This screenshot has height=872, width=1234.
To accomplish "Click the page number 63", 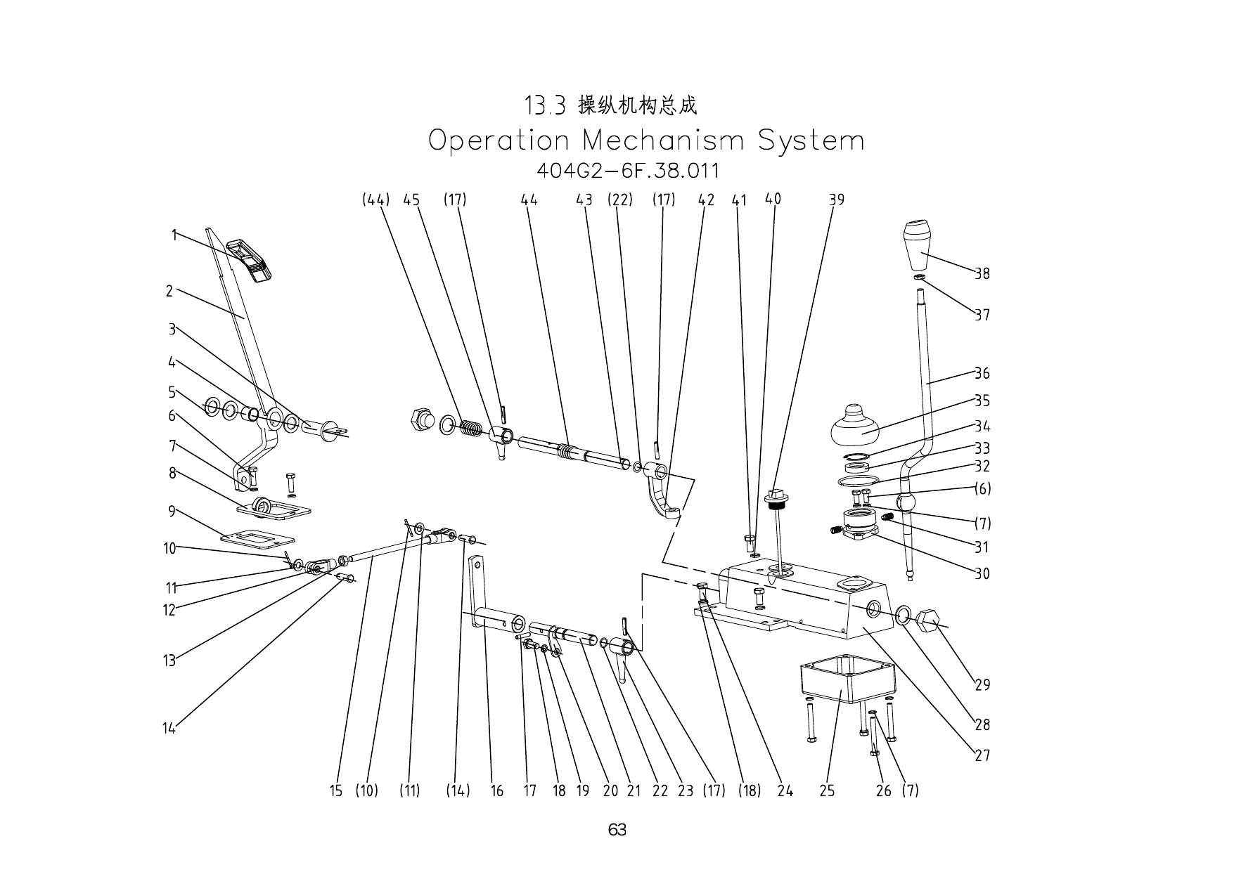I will pyautogui.click(x=617, y=830).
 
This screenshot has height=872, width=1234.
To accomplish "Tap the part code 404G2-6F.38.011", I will pyautogui.click(x=627, y=171).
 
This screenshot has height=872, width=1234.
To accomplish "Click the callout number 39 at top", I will pyautogui.click(x=836, y=200).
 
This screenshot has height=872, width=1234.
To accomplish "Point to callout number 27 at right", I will pyautogui.click(x=982, y=755).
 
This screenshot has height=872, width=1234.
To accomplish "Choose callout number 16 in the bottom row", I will pyautogui.click(x=496, y=791).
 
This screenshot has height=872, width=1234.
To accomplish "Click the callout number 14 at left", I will pyautogui.click(x=169, y=729).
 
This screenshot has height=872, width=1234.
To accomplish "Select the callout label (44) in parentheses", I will pyautogui.click(x=375, y=200).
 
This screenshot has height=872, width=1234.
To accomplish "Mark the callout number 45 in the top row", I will pyautogui.click(x=411, y=200).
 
